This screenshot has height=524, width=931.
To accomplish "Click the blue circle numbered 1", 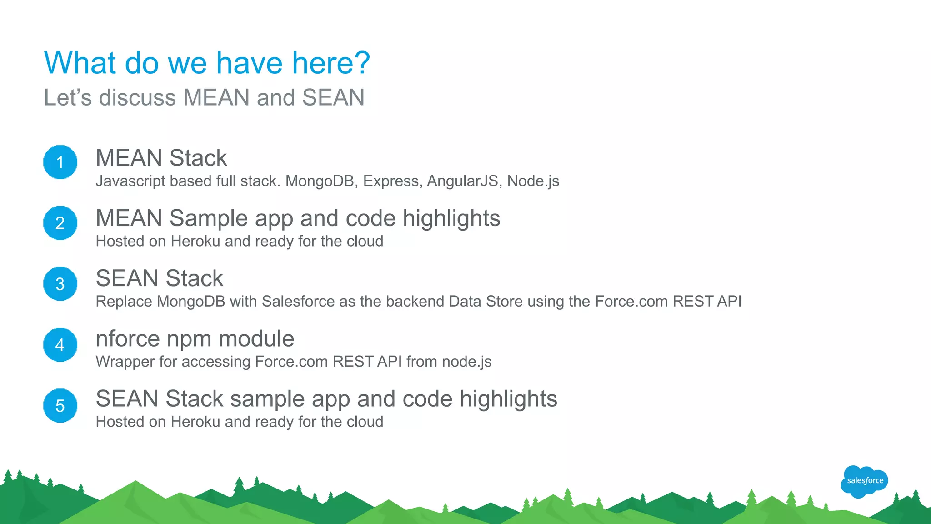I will pyautogui.click(x=60, y=162).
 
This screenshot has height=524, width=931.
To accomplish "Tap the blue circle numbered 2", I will pyautogui.click(x=60, y=223).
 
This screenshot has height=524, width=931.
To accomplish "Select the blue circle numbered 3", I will pyautogui.click(x=60, y=284).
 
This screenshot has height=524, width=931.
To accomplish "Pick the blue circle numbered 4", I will pyautogui.click(x=60, y=345).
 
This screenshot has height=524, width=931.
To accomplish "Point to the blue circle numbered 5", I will pyautogui.click(x=60, y=406).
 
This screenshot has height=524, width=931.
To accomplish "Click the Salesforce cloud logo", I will pyautogui.click(x=864, y=481).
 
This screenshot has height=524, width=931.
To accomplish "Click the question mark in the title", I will pyautogui.click(x=361, y=63).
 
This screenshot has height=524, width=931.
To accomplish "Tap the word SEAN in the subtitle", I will pyautogui.click(x=333, y=98).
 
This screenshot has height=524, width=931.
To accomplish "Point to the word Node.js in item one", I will pyautogui.click(x=533, y=181).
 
